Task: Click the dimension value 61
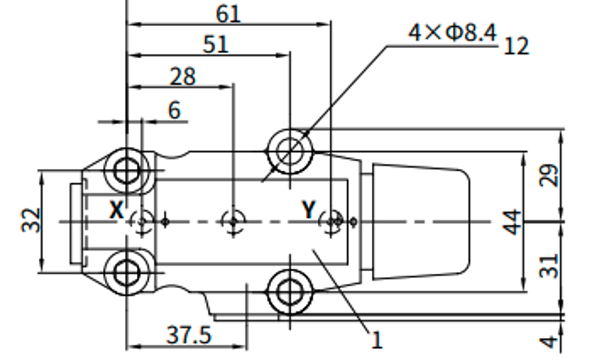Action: point(228,14)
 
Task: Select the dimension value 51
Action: point(215,45)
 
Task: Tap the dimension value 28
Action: point(182,77)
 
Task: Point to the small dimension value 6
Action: point(174,111)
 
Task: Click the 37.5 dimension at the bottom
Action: point(189,336)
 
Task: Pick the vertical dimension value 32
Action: point(31,220)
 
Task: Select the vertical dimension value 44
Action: point(513,222)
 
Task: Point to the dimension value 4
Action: point(551,342)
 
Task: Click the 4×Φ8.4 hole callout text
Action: point(452,33)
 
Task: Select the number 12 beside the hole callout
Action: point(516,46)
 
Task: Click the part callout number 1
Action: point(376,340)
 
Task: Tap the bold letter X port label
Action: point(117,210)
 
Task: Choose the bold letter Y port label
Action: point(308,210)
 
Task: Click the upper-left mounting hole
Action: point(127,171)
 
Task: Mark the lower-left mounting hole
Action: point(127,273)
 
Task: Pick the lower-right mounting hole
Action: point(290,292)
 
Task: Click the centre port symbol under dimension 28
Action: point(233,221)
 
